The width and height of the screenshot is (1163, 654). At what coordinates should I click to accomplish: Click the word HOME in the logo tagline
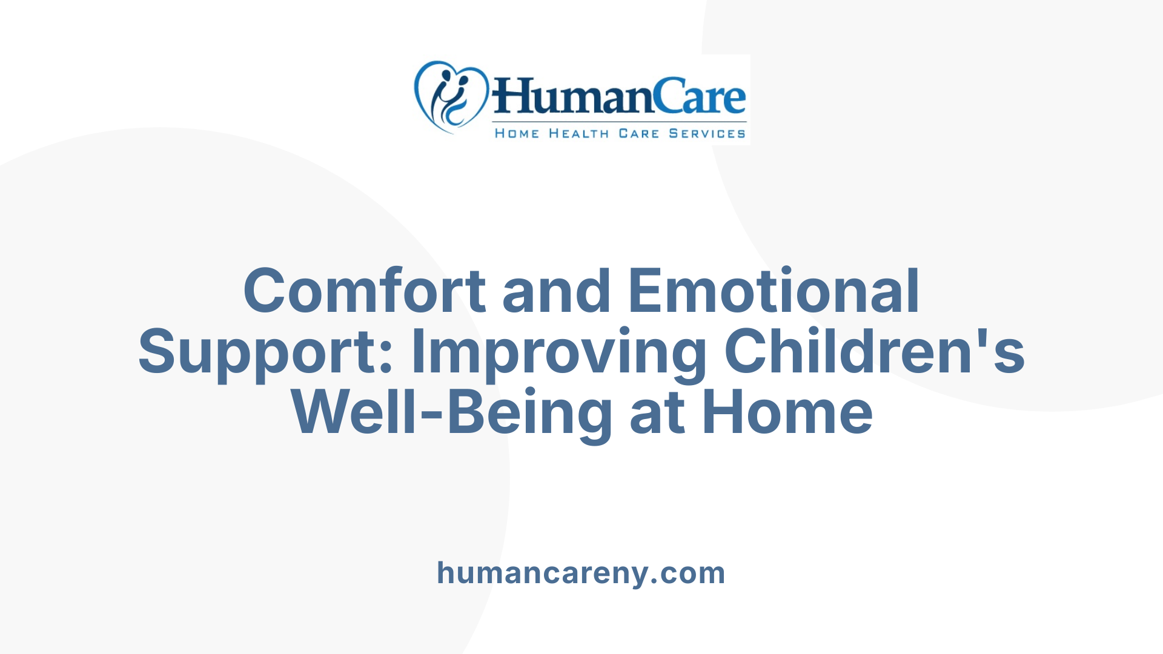(517, 134)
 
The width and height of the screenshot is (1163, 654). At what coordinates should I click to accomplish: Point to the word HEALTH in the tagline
(578, 134)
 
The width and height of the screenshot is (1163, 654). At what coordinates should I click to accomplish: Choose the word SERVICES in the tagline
(707, 134)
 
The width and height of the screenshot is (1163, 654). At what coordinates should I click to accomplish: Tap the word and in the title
(556, 291)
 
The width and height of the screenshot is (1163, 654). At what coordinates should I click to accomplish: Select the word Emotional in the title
(774, 291)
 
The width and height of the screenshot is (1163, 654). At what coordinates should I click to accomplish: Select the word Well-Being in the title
(452, 414)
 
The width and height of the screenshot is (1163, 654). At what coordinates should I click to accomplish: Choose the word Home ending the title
(787, 414)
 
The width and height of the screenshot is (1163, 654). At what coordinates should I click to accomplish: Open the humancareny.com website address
(581, 573)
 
